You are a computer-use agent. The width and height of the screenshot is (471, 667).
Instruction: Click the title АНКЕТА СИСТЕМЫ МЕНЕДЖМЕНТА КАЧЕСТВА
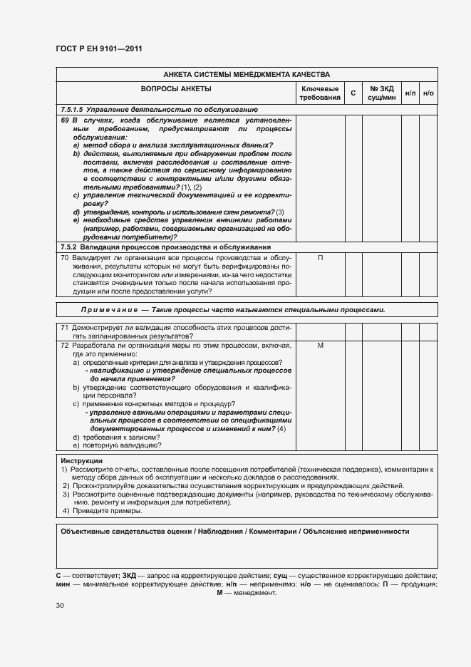247,74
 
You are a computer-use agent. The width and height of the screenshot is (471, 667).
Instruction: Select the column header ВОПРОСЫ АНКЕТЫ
176,89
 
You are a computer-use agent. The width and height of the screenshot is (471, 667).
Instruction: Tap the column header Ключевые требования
320,93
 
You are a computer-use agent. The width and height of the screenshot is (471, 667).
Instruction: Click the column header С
353,93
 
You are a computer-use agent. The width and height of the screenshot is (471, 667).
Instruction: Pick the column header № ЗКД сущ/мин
383,93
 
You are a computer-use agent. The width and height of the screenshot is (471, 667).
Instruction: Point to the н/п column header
410,93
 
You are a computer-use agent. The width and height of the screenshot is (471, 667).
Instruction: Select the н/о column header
428,93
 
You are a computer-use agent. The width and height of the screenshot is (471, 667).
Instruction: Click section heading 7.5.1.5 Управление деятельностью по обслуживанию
159,110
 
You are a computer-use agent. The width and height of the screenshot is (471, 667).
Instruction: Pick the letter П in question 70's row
320,257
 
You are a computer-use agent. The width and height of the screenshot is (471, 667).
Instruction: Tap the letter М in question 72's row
320,345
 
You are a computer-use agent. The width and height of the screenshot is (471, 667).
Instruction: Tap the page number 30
60,605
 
